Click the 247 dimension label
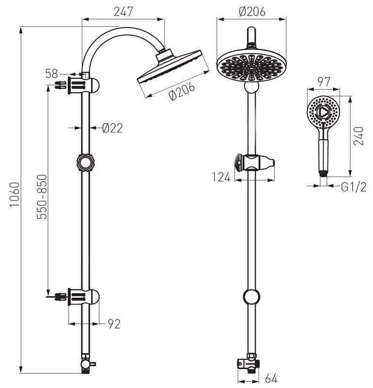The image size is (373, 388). [123, 12]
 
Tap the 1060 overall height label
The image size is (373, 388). [15, 194]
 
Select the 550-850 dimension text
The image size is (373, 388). [42, 197]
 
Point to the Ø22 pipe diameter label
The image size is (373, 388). [113, 128]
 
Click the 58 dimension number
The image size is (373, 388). [51, 74]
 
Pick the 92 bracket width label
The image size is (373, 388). [114, 324]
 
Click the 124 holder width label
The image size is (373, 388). [221, 177]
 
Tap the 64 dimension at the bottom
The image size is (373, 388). [271, 378]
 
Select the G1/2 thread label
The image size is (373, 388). [354, 187]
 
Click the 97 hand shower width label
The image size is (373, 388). [324, 82]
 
